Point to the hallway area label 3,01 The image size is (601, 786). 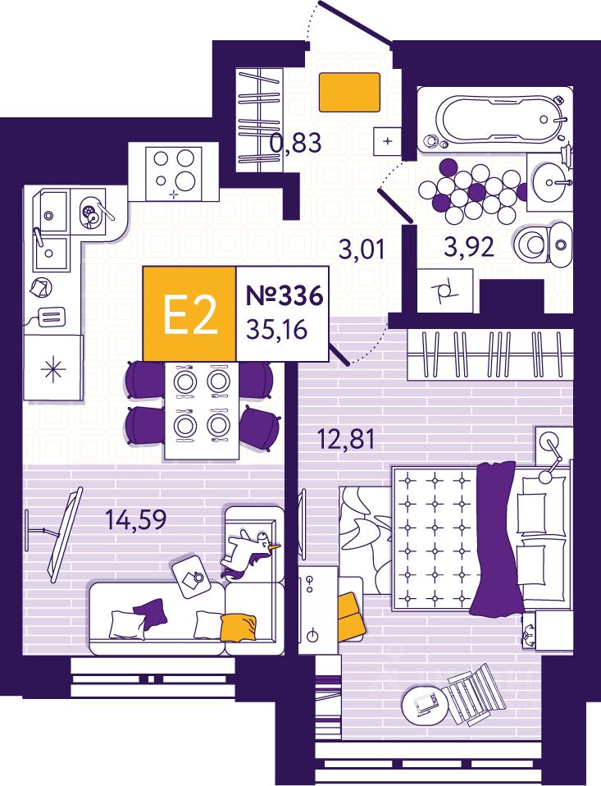click(362, 249)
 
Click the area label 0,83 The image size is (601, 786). click(295, 144)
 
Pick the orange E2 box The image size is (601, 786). click(189, 314)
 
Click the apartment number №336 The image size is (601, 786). click(281, 296)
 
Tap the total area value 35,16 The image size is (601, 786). click(280, 331)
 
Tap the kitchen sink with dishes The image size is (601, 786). click(90, 211)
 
